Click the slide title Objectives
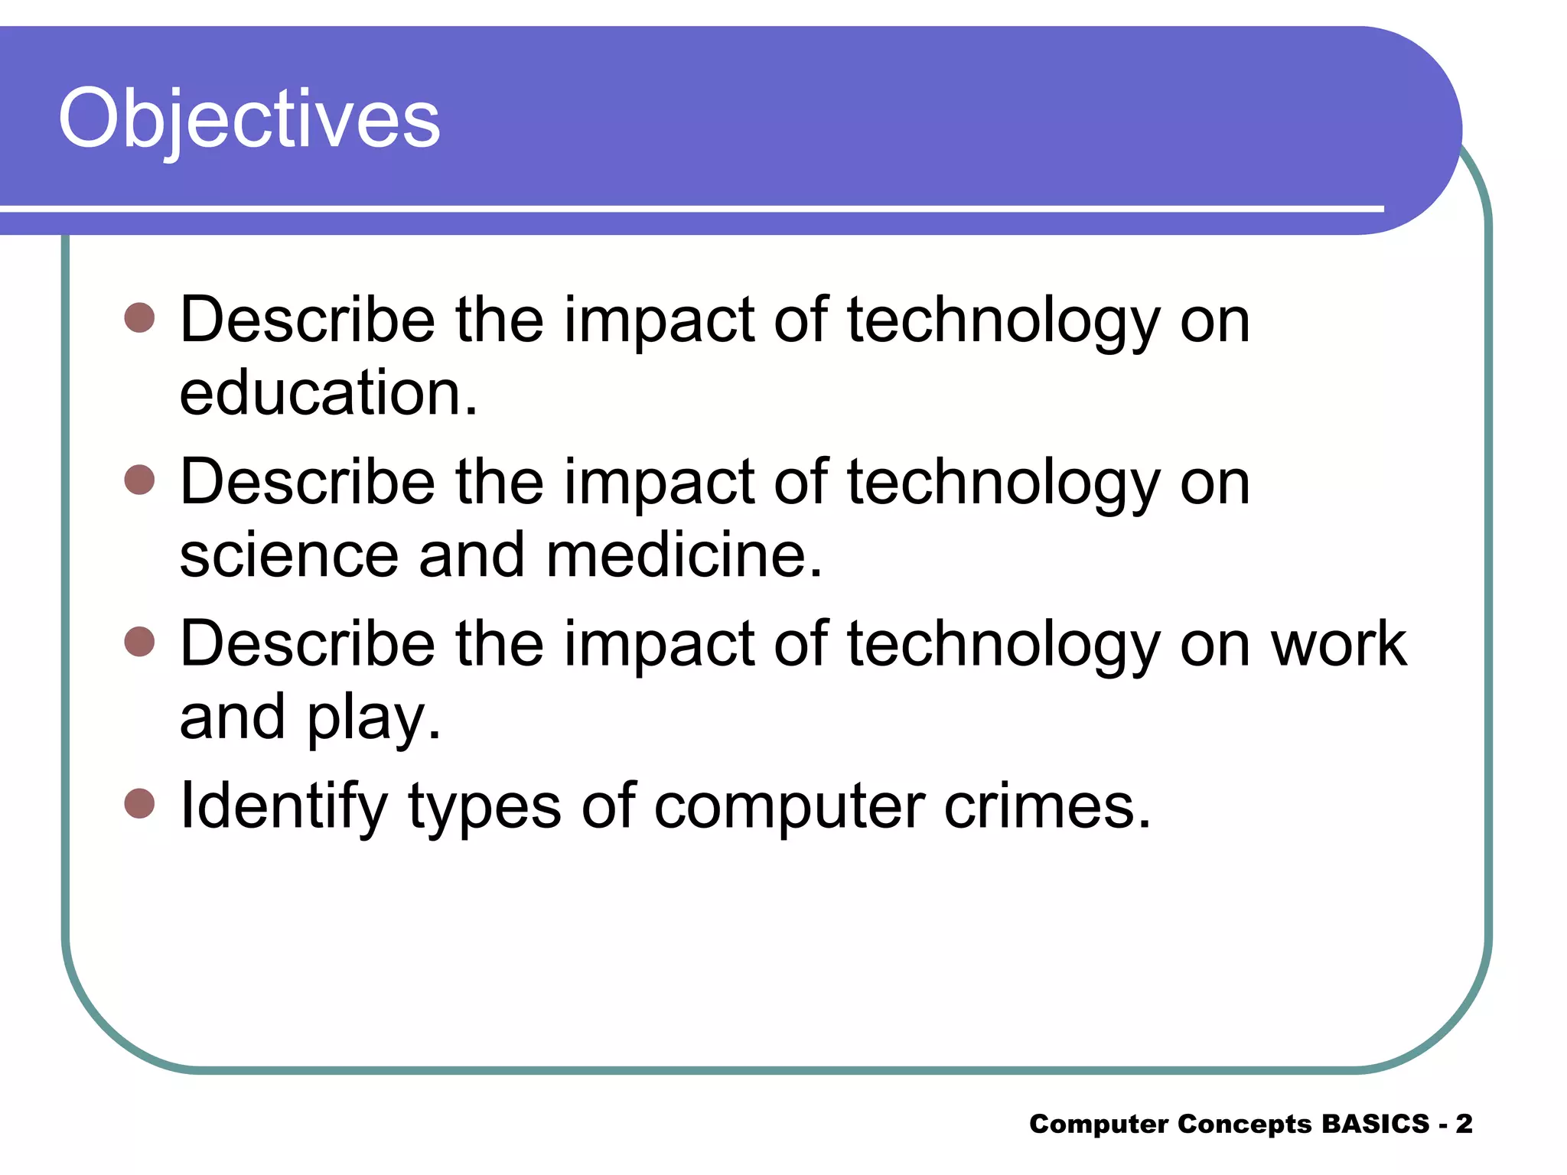pyautogui.click(x=249, y=119)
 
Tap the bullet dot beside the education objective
pyautogui.click(x=139, y=317)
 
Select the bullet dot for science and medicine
pyautogui.click(x=139, y=480)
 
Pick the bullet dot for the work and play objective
pyautogui.click(x=139, y=642)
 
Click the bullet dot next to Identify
pyautogui.click(x=139, y=804)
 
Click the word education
pyautogui.click(x=327, y=393)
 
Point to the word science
pyautogui.click(x=288, y=555)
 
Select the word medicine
pyautogui.click(x=684, y=555)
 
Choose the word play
pyautogui.click(x=374, y=719)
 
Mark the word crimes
pyautogui.click(x=1047, y=806)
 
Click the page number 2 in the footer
pyautogui.click(x=1464, y=1124)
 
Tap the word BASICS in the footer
pyautogui.click(x=1375, y=1124)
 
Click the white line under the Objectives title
pyautogui.click(x=689, y=208)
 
